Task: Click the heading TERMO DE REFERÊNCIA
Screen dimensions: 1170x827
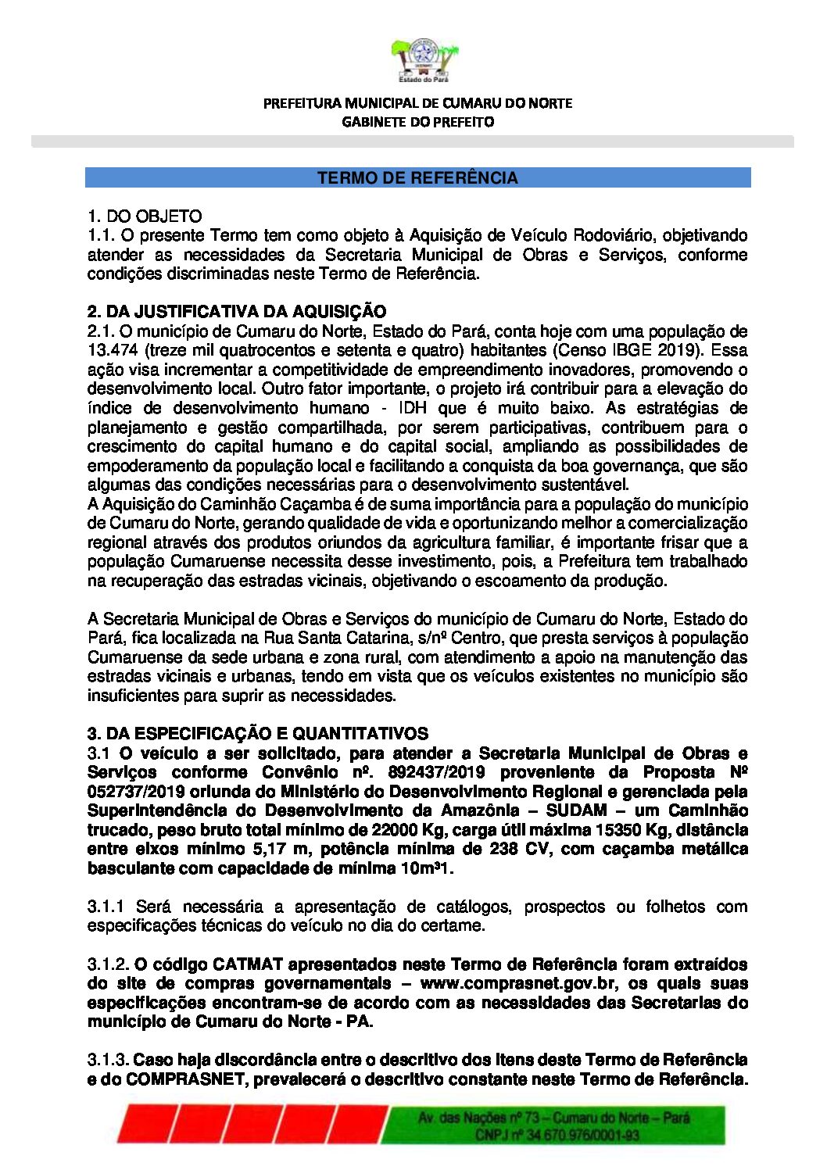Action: (x=417, y=178)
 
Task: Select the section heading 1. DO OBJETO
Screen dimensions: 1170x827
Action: (x=145, y=216)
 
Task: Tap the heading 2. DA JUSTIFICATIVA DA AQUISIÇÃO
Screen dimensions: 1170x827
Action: (x=237, y=312)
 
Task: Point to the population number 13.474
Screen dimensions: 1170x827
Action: (x=114, y=350)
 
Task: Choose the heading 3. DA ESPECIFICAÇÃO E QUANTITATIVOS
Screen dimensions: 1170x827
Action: (x=258, y=733)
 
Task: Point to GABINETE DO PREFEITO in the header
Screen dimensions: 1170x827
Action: (x=417, y=122)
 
